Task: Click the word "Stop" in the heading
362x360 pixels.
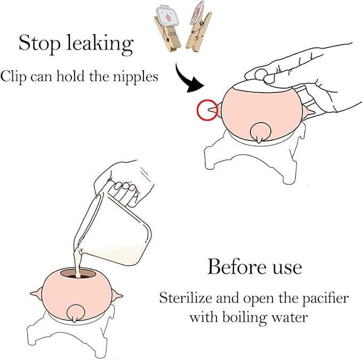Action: pos(39,43)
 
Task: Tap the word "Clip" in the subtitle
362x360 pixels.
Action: pos(13,76)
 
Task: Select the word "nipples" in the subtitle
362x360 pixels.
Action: pos(135,76)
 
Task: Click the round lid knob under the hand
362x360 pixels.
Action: pos(261,75)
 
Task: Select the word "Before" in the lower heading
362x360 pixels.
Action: pos(237,267)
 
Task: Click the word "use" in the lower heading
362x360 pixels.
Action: pos(287,269)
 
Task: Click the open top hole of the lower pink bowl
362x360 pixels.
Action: pos(78,274)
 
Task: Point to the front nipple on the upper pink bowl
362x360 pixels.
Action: pos(260,133)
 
